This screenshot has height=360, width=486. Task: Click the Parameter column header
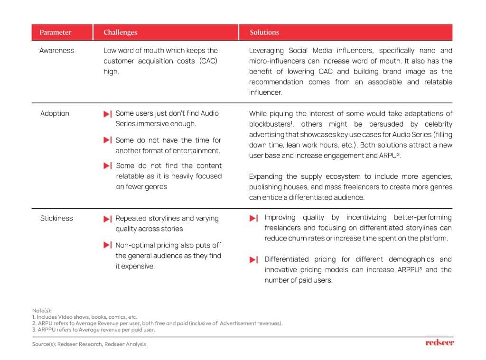pos(56,32)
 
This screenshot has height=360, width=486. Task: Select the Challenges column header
pos(120,32)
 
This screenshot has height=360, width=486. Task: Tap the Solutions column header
pos(264,32)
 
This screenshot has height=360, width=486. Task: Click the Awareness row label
pos(56,50)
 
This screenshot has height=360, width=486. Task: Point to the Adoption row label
pos(55,113)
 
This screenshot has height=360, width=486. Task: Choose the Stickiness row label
pos(56,218)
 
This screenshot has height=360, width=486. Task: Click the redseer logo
pos(439,342)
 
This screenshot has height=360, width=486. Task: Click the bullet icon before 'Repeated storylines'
pos(108,219)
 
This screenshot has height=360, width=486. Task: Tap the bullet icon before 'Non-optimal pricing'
pos(108,245)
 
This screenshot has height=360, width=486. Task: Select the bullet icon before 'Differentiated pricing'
pos(254,259)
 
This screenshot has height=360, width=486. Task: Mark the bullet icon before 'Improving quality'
pos(254,218)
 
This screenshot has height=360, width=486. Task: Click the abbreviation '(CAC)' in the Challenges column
pos(208,61)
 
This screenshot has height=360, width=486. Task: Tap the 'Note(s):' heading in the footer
pos(42,311)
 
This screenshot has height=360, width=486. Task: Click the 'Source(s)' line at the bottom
pos(89,344)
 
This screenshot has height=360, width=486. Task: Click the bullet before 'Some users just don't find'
pos(108,114)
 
